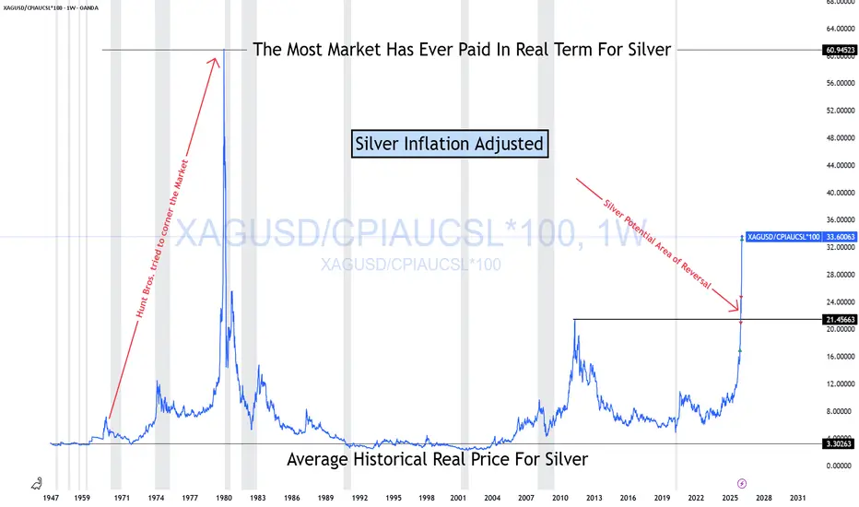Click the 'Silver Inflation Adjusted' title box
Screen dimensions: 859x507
click(x=449, y=144)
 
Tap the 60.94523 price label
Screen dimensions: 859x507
click(x=840, y=50)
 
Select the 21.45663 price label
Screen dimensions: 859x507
click(x=840, y=319)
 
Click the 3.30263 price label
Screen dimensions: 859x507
click(x=840, y=443)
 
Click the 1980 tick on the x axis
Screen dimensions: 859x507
click(x=224, y=498)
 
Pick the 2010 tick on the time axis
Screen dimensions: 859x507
click(x=559, y=498)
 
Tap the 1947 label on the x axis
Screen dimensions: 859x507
click(x=51, y=498)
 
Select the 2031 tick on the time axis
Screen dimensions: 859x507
click(x=797, y=498)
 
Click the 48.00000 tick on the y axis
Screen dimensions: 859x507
click(x=840, y=137)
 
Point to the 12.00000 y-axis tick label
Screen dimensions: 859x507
click(x=840, y=383)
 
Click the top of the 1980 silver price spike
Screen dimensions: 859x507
click(x=224, y=50)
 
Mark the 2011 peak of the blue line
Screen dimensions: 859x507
click(x=575, y=320)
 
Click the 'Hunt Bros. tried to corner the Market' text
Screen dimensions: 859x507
click(x=162, y=239)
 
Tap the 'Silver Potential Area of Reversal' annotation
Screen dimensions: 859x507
click(x=657, y=244)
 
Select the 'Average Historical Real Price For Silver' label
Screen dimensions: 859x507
click(x=437, y=459)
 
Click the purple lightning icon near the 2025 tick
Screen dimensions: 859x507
click(x=742, y=483)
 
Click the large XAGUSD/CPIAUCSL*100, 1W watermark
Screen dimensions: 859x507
click(x=411, y=233)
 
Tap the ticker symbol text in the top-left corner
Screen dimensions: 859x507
click(x=51, y=7)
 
